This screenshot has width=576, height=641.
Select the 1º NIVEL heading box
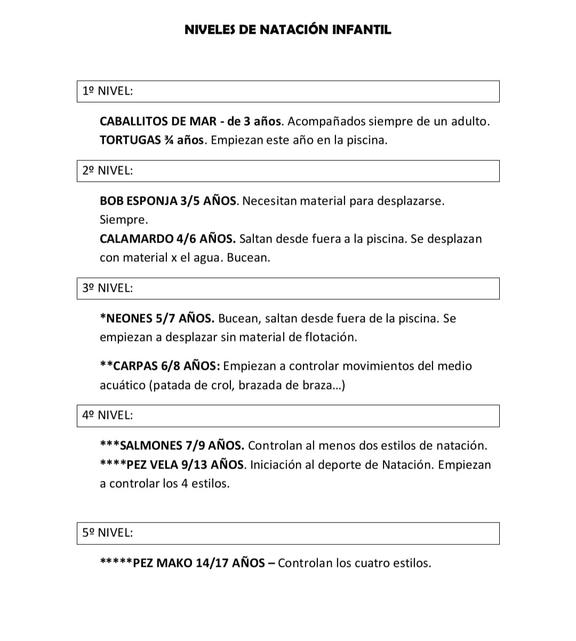coord(288,91)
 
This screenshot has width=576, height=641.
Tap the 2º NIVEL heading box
coord(288,171)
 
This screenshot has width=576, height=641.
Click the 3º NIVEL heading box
coord(288,288)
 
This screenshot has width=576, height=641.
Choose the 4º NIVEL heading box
coord(288,416)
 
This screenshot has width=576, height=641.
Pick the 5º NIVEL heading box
coord(288,533)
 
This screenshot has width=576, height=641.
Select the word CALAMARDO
coord(137,239)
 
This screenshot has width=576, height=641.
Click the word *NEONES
coord(126,319)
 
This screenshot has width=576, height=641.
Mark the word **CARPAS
coord(129,366)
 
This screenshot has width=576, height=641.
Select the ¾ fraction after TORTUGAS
coord(169,140)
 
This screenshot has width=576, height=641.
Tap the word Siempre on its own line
coord(123,220)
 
